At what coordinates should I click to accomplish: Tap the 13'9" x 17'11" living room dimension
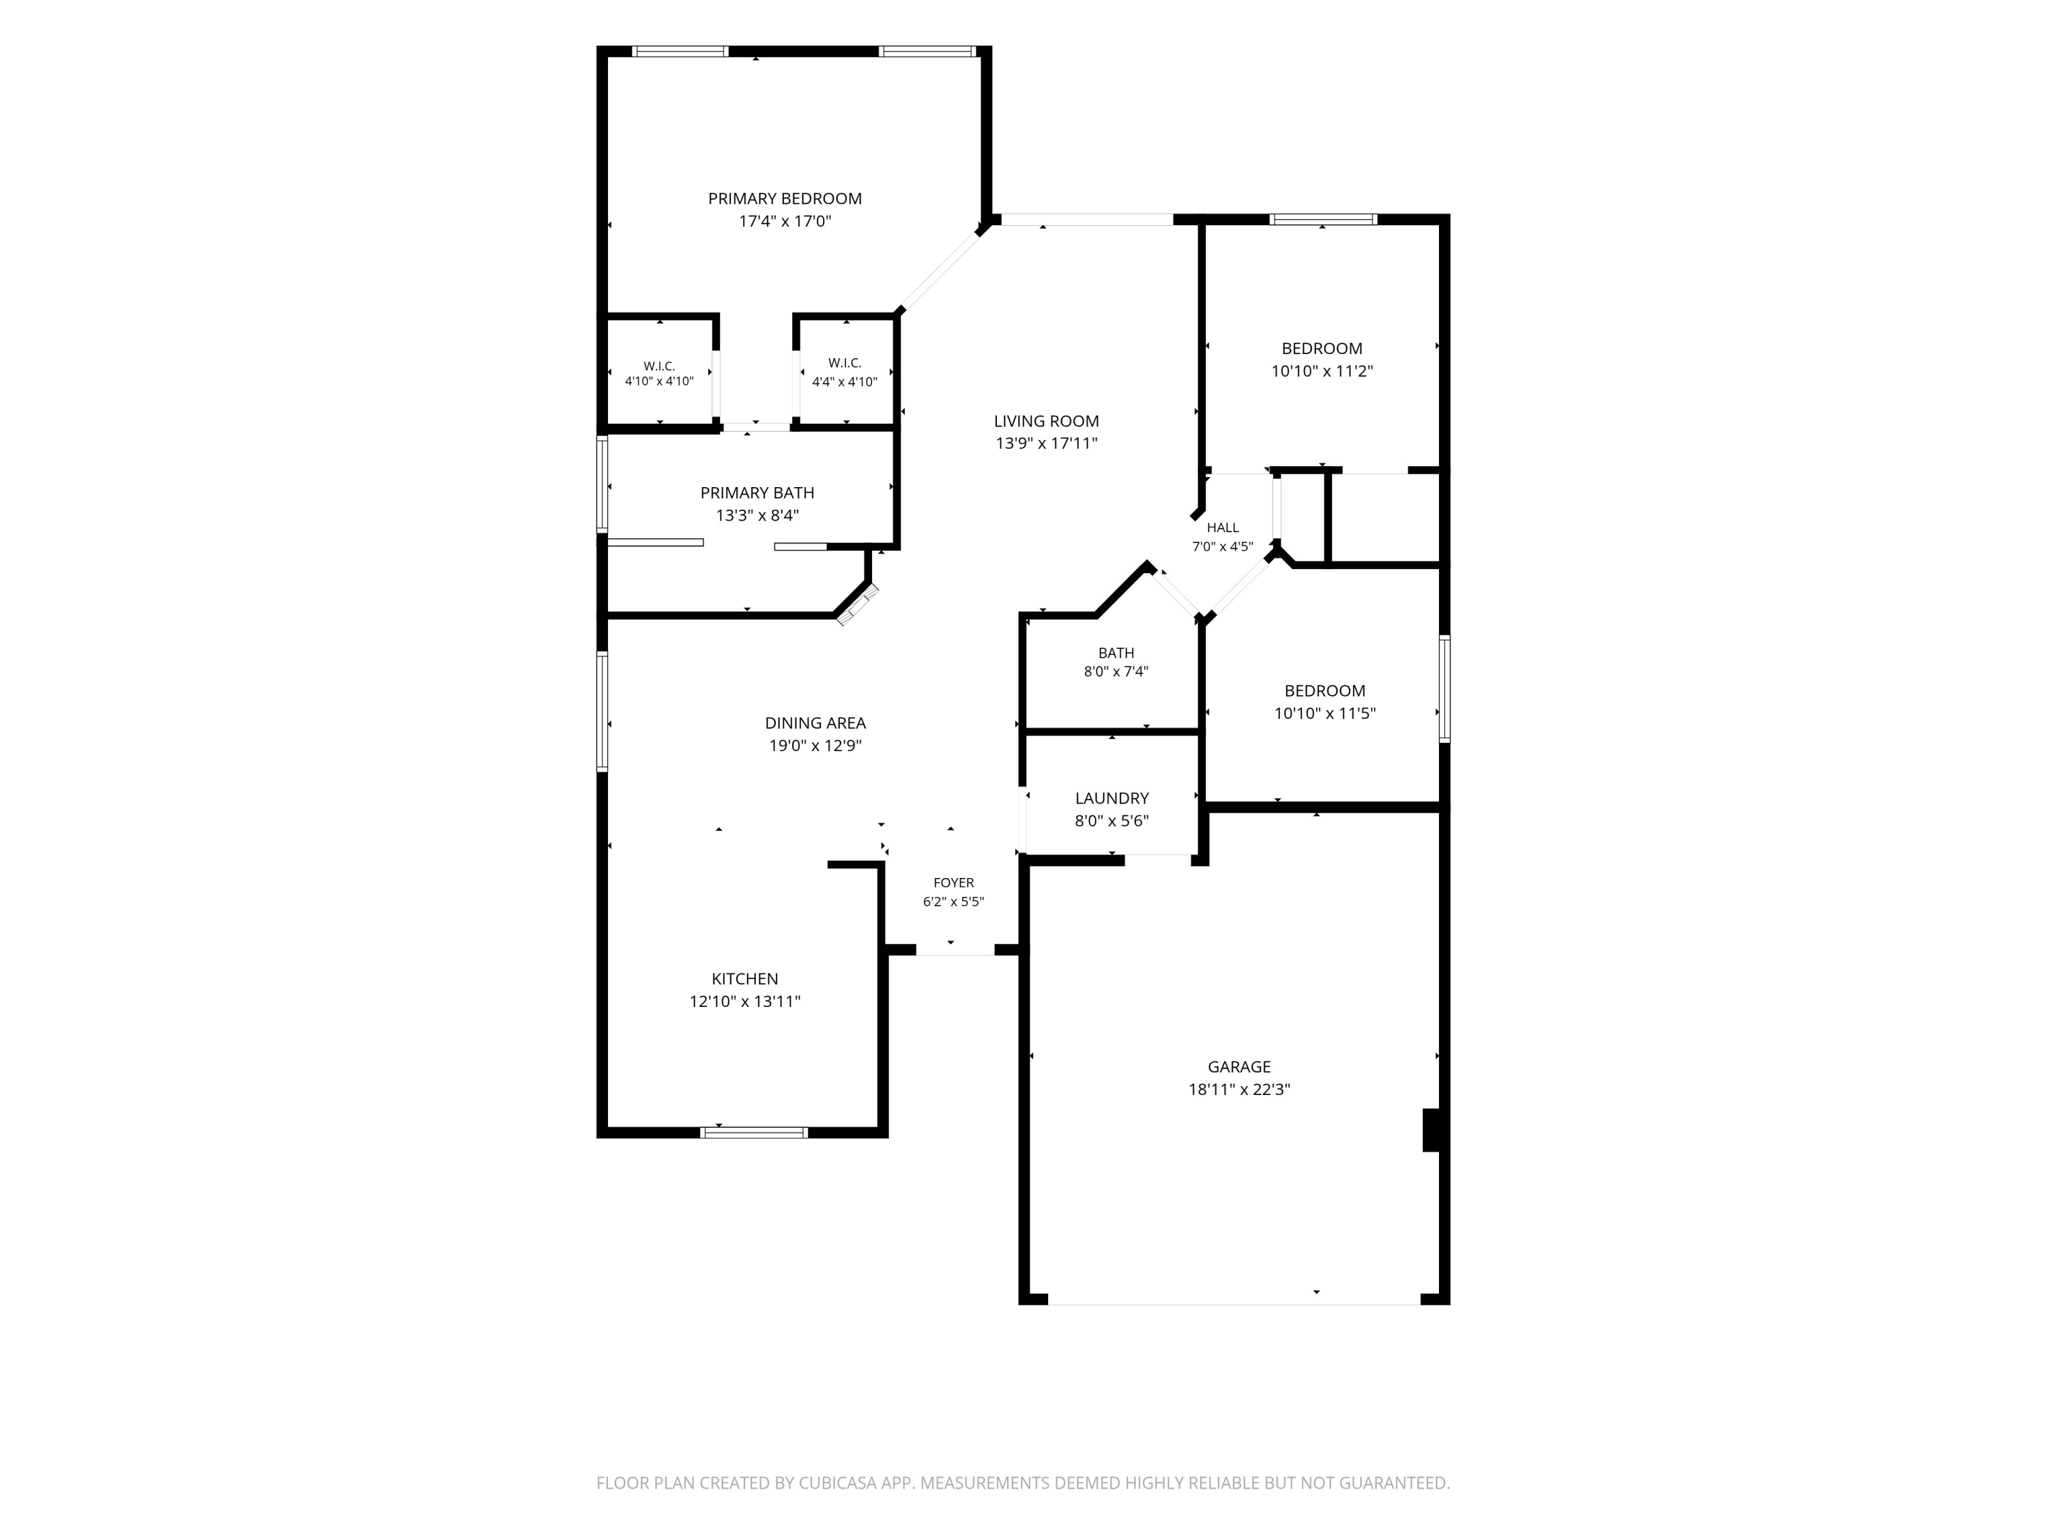1047,443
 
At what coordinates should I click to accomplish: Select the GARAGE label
1239,1067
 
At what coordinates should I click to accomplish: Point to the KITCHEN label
745,979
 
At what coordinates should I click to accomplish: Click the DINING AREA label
815,724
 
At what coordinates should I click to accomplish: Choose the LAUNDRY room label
1112,798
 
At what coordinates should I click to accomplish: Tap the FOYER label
954,883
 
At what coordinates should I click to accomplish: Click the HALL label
1223,527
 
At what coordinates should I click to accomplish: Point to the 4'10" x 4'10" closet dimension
659,381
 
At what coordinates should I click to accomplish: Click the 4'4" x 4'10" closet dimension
845,381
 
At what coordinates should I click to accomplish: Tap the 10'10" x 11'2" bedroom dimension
1322,372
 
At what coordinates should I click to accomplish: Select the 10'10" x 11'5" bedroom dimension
1325,714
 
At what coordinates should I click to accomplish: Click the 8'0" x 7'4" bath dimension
1117,672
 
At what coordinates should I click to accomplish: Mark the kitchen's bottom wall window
754,1132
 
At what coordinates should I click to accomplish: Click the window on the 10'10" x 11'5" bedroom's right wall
1444,688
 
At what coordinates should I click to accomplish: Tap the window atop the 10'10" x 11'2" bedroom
1323,219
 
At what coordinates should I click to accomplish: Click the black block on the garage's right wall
1431,1130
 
